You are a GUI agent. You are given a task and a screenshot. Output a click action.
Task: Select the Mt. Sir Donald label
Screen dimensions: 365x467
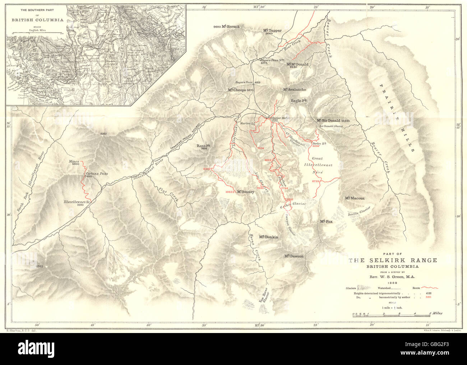pyautogui.click(x=328, y=120)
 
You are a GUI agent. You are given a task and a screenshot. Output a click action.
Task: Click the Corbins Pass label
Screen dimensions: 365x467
pyautogui.click(x=96, y=174)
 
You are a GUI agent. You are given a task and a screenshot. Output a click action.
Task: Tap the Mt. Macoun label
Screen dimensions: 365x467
pyautogui.click(x=355, y=198)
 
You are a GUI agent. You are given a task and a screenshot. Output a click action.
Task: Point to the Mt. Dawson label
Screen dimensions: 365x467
pyautogui.click(x=294, y=256)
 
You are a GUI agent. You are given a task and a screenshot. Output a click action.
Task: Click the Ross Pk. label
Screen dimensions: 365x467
pyautogui.click(x=203, y=145)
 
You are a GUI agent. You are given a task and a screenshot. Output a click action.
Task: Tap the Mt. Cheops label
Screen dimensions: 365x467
pyautogui.click(x=237, y=90)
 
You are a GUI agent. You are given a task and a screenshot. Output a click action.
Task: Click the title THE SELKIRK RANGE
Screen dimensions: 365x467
pyautogui.click(x=393, y=260)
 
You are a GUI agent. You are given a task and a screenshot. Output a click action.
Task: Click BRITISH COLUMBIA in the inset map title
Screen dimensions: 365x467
pyautogui.click(x=37, y=20)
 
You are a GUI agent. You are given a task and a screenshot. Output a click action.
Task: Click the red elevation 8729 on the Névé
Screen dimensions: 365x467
pyautogui.click(x=315, y=181)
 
